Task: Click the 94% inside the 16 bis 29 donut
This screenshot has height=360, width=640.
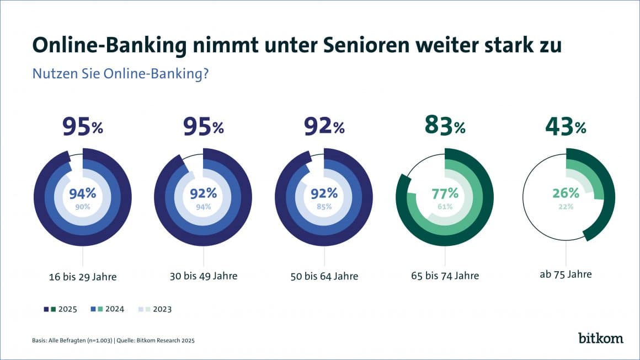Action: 83,194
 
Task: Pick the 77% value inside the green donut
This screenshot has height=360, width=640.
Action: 445,194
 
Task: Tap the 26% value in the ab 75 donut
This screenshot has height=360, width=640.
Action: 566,194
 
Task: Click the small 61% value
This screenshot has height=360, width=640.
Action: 445,207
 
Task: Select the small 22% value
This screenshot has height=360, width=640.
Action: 566,207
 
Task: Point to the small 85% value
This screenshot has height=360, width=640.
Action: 324,207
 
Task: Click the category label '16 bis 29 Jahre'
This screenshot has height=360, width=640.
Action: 83,277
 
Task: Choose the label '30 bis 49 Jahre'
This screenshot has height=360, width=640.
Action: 204,276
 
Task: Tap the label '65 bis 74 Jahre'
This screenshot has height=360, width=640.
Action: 445,276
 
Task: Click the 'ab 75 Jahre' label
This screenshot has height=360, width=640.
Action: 566,274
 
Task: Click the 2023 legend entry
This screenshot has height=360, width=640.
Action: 160,309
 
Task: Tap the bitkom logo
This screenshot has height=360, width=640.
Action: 601,338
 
